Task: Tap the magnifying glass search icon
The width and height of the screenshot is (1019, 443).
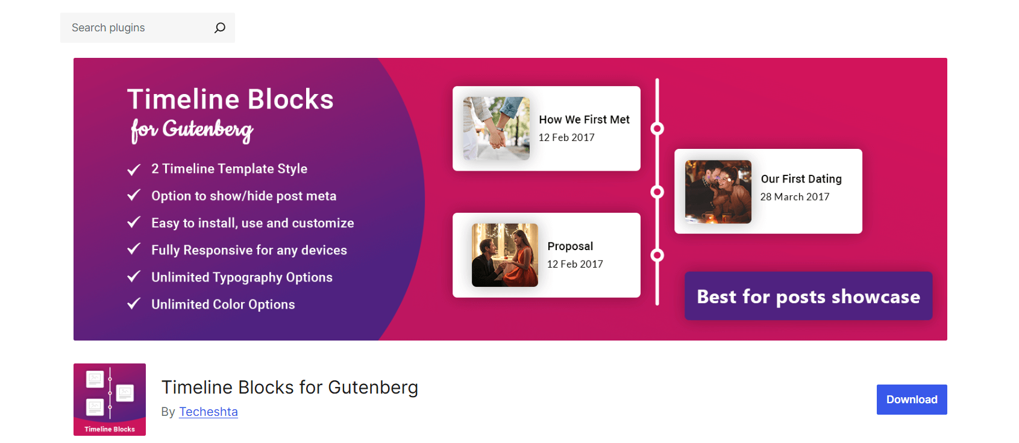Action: [x=220, y=28]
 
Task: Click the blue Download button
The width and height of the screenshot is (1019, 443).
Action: [x=911, y=400]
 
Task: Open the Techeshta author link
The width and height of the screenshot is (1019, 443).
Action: [x=209, y=412]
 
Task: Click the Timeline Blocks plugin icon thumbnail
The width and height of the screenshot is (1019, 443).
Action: [x=110, y=399]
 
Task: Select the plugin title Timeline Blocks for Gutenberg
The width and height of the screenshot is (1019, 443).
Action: [x=289, y=387]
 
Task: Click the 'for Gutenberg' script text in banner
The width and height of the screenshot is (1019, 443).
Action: [x=192, y=130]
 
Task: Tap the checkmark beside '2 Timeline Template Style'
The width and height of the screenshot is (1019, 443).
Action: [x=134, y=169]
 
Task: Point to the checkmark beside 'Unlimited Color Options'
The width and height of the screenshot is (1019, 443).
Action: [x=134, y=303]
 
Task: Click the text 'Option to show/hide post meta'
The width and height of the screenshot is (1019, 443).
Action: [x=243, y=196]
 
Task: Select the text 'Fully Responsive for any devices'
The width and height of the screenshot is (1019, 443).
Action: [x=249, y=250]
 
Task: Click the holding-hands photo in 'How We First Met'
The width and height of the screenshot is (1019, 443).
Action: [x=496, y=128]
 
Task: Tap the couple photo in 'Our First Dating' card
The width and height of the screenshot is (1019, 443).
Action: [x=718, y=192]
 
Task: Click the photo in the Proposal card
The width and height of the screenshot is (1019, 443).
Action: [x=505, y=255]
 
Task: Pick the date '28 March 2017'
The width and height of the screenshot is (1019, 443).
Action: [x=794, y=197]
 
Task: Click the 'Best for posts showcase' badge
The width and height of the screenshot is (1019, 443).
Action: [x=808, y=296]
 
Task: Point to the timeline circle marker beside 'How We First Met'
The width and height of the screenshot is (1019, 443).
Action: [x=657, y=128]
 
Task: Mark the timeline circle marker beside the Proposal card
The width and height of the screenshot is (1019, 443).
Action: [x=657, y=255]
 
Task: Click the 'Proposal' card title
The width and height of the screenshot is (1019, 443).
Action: [x=570, y=246]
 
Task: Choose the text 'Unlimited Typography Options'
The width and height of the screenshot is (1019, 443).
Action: [x=242, y=277]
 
